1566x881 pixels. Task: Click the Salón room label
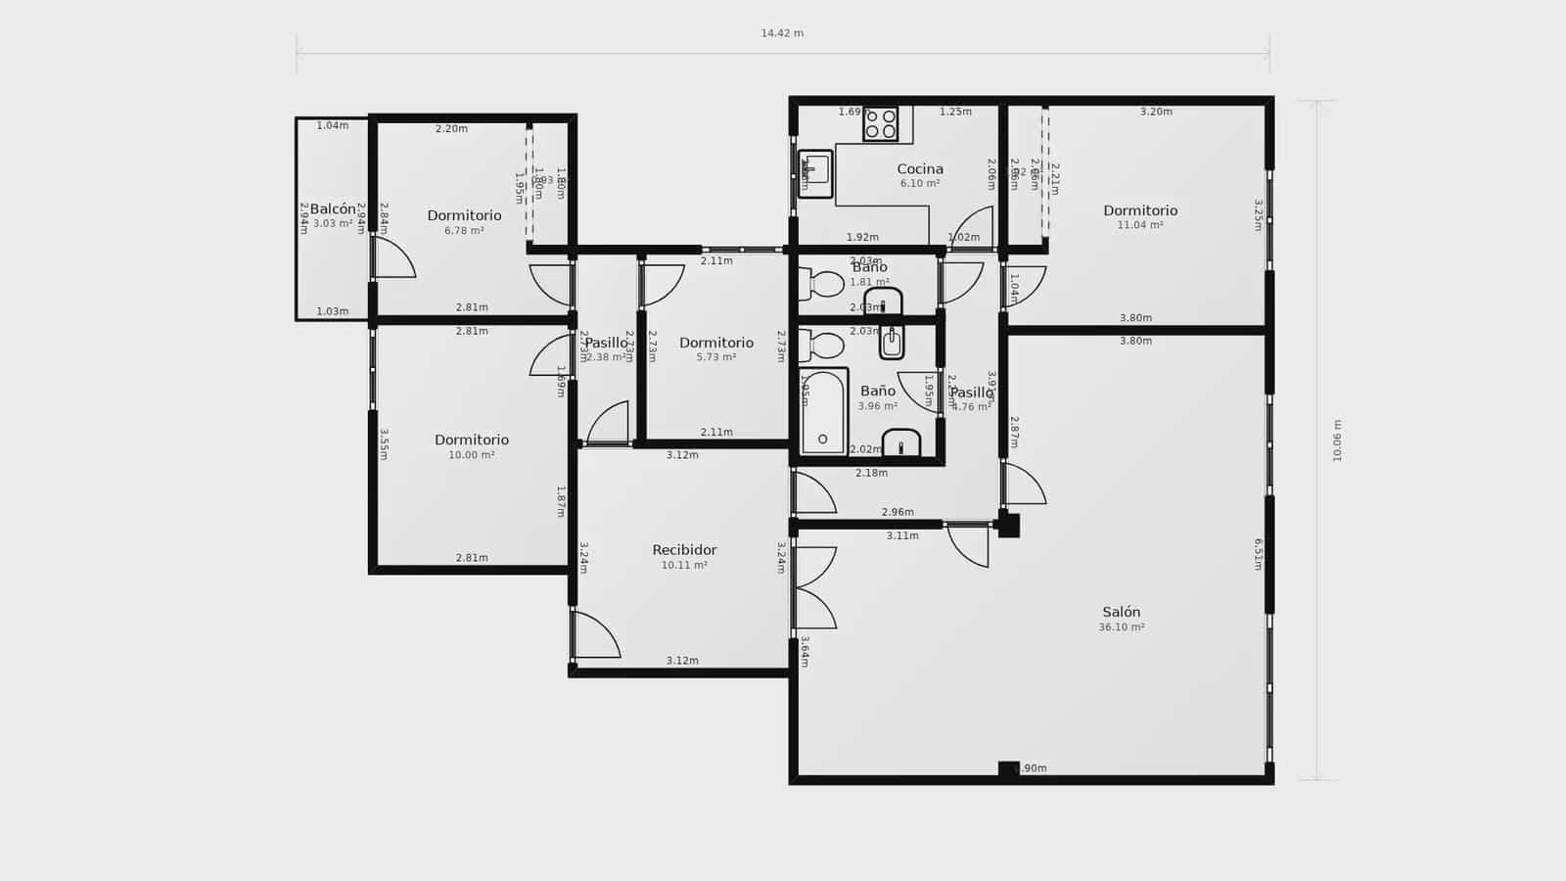click(1121, 612)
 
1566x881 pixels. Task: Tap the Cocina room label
click(920, 169)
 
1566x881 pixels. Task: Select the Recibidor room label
click(684, 550)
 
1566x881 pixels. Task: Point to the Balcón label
click(333, 209)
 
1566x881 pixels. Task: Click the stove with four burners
click(880, 123)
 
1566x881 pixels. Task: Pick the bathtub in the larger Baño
click(823, 412)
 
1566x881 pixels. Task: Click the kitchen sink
click(814, 173)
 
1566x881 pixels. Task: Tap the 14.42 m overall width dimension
click(782, 33)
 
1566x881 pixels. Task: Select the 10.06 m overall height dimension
click(1337, 440)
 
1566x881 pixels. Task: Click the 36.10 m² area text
click(1121, 627)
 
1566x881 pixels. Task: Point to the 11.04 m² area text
click(1140, 225)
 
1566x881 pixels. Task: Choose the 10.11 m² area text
click(684, 565)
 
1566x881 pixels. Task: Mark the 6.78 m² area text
click(464, 231)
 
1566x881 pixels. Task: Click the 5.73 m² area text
click(716, 357)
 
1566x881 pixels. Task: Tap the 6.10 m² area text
click(920, 184)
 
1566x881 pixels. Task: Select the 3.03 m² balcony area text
click(333, 224)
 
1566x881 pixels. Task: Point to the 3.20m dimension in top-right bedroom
click(1156, 112)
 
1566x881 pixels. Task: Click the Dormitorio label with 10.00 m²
click(472, 440)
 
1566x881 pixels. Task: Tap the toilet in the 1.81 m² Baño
click(822, 284)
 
